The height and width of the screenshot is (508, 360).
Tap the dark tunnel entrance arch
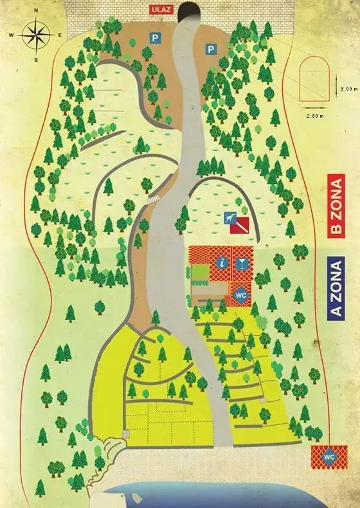(188, 12)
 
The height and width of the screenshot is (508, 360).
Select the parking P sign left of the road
(154, 39)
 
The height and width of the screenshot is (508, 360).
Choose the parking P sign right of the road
(210, 49)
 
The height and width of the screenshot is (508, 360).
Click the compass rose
(36, 36)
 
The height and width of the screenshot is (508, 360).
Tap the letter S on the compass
(36, 59)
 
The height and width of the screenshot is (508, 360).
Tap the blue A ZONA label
(336, 287)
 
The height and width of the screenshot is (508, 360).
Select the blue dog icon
(229, 219)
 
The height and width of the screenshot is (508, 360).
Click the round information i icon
(222, 262)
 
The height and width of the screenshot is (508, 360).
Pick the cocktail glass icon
(241, 262)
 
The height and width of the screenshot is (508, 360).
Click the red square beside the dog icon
(241, 224)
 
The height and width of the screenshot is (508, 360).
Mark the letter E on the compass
(58, 35)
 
